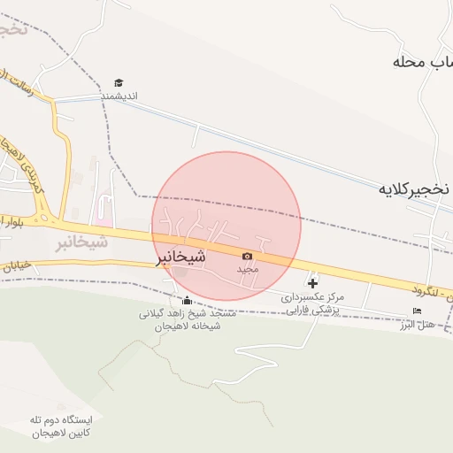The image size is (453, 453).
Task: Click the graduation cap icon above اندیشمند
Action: tap(119, 82)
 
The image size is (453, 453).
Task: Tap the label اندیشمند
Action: tap(119, 96)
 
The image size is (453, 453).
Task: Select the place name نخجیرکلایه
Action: tap(415, 189)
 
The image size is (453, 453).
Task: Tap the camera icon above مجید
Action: tap(247, 256)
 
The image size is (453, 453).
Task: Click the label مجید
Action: tap(247, 267)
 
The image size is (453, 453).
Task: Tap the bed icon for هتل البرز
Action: tap(417, 310)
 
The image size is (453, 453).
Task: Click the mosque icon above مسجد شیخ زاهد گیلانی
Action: tap(185, 299)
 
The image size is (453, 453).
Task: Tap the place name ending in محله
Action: tap(423, 64)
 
